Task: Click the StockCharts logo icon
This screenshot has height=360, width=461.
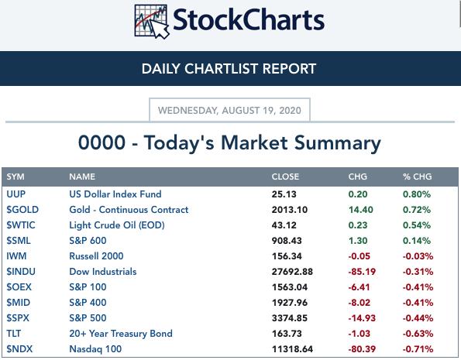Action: click(152, 22)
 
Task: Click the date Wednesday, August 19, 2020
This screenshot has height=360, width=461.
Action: click(229, 111)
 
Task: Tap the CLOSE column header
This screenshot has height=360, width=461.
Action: click(285, 177)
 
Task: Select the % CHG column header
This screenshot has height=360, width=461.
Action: click(417, 177)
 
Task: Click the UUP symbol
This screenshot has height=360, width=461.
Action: click(15, 194)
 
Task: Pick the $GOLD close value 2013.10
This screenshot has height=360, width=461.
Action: click(290, 210)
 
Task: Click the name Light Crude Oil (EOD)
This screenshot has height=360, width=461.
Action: click(117, 225)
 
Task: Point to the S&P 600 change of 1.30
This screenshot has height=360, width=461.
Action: click(358, 241)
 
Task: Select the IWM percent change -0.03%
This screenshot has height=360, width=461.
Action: click(418, 256)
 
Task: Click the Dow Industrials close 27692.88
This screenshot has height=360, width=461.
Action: click(292, 272)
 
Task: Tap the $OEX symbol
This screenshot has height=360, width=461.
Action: click(19, 287)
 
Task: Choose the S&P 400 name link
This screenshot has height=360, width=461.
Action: click(88, 303)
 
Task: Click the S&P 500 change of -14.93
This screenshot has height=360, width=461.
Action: click(362, 318)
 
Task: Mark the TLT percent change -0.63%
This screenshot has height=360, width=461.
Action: click(418, 334)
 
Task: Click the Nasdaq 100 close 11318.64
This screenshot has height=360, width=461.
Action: click(292, 349)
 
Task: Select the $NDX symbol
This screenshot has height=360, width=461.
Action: click(19, 349)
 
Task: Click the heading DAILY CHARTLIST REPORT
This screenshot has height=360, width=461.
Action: click(229, 69)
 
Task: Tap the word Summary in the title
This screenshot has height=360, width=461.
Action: click(338, 143)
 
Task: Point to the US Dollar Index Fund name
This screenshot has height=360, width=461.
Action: click(115, 194)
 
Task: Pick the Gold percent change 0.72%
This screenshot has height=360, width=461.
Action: click(417, 210)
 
